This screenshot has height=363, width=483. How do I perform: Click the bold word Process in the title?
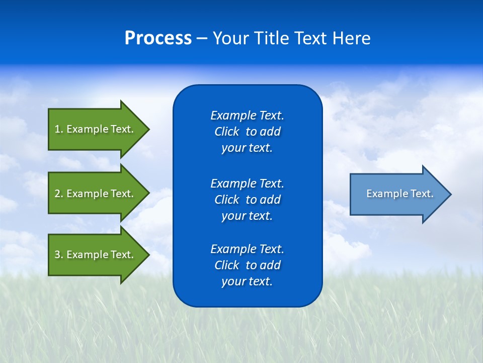pyautogui.click(x=158, y=38)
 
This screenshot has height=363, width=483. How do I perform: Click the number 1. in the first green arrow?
pyautogui.click(x=58, y=129)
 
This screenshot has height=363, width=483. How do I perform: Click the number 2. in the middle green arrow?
pyautogui.click(x=58, y=194)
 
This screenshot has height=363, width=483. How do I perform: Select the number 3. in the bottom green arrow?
pyautogui.click(x=58, y=255)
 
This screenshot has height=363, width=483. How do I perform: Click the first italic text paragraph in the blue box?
pyautogui.click(x=247, y=132)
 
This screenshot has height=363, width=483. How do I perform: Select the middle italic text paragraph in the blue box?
pyautogui.click(x=247, y=200)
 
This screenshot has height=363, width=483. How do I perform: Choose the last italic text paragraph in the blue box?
pyautogui.click(x=247, y=265)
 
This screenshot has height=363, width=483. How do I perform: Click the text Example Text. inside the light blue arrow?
pyautogui.click(x=399, y=194)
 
